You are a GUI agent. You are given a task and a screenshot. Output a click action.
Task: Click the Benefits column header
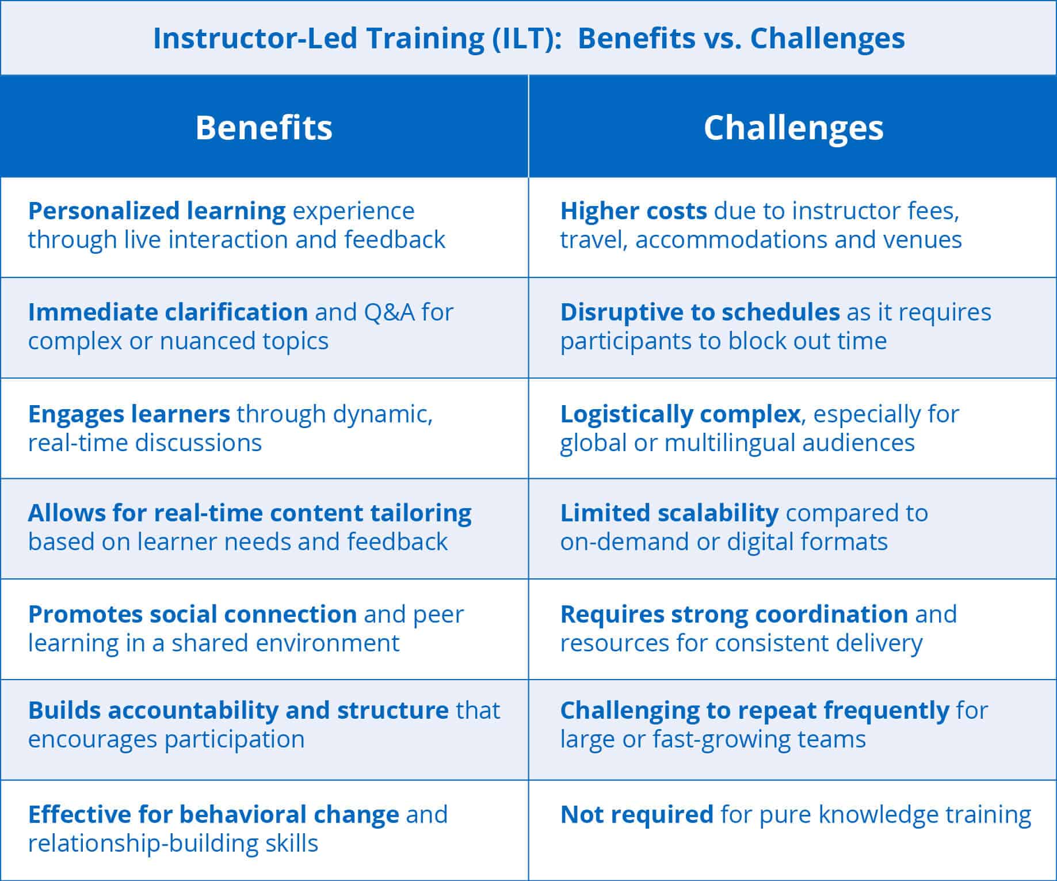coord(264,127)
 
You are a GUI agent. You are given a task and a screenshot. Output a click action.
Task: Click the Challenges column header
coord(793,128)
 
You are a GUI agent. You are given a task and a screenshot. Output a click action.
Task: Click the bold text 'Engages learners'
coord(129,414)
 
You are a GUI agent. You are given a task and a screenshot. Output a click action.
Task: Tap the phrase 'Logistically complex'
coord(681,414)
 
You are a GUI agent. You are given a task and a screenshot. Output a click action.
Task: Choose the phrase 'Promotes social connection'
coord(193,615)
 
